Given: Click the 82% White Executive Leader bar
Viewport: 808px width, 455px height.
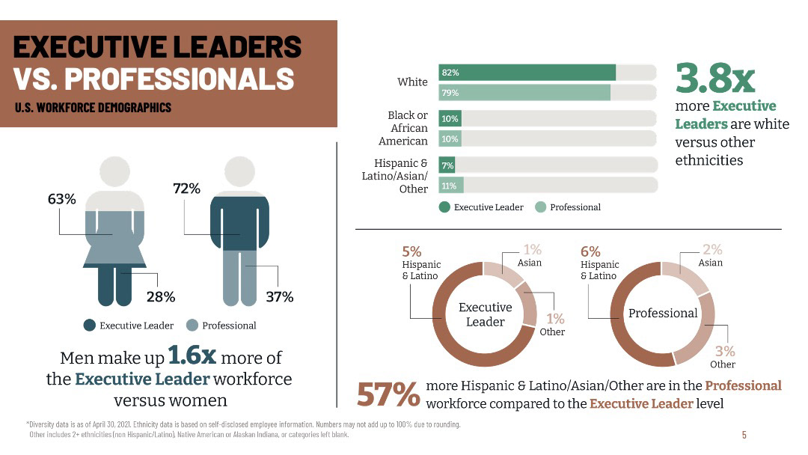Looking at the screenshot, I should pos(527,73).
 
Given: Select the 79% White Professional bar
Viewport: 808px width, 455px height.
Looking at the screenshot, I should pos(524,93).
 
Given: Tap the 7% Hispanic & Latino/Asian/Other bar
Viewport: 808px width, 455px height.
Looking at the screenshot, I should pos(447,165).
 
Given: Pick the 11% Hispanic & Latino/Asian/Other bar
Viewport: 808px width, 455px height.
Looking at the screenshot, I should pos(451,186).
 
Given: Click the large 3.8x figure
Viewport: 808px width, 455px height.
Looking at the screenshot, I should pos(714,78).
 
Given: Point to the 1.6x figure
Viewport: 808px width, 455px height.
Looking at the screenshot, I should pos(192,356).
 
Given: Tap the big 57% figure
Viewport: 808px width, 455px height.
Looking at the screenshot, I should pos(388,395).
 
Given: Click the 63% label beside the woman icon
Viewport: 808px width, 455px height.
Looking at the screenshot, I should pos(63,200).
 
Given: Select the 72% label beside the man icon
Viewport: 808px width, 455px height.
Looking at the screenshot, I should pos(186,189).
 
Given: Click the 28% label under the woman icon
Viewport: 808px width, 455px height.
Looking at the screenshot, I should pos(160,297).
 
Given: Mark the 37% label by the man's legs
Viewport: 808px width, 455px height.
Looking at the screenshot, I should pos(280,297).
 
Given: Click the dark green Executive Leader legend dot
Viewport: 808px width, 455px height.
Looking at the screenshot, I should pos(444,207).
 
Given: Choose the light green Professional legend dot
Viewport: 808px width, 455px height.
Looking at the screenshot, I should pos(540,207).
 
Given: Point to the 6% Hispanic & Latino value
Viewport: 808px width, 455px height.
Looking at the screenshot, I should pos(590,252).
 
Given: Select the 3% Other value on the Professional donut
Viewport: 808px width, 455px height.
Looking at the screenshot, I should pos(725,351).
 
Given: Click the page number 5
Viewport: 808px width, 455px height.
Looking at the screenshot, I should pos(744,435).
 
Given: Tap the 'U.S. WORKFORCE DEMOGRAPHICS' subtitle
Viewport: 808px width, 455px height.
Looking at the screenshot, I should pos(93,107).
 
